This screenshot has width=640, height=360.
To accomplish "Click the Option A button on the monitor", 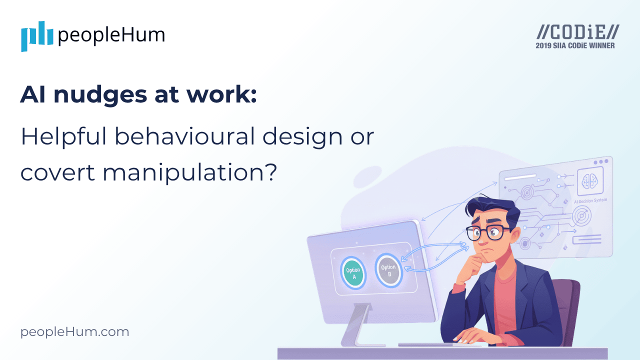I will pyautogui.click(x=353, y=273).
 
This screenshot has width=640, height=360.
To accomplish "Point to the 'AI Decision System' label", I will pyautogui.click(x=590, y=200).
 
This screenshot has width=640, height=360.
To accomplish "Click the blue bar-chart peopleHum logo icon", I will pyautogui.click(x=37, y=35).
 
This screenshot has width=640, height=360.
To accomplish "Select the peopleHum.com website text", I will pyautogui.click(x=74, y=331).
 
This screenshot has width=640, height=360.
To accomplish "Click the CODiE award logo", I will pyautogui.click(x=577, y=32).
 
